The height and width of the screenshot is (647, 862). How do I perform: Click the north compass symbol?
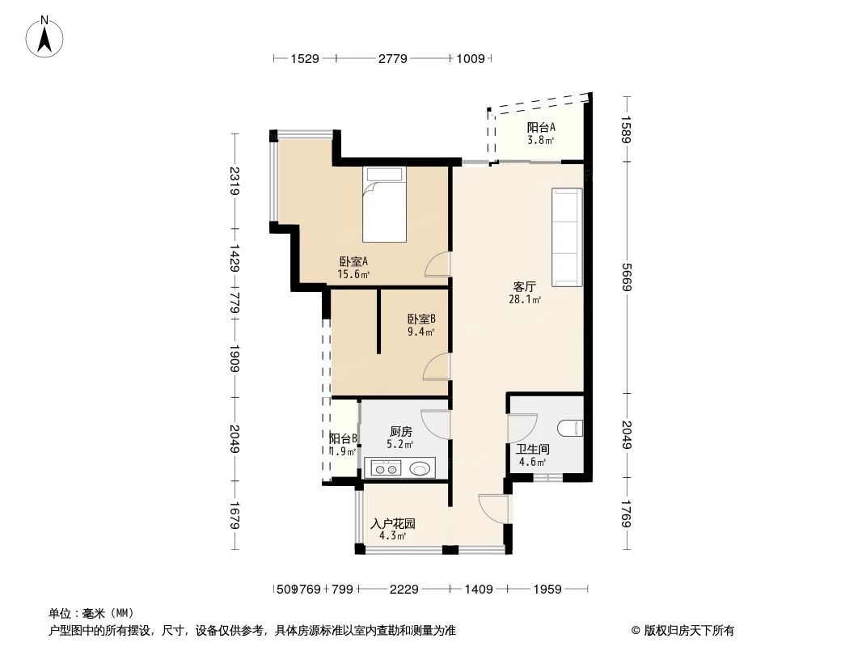pos(46,37)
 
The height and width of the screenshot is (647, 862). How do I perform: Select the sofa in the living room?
pos(567,237)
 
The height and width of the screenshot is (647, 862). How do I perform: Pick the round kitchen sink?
pos(420,467)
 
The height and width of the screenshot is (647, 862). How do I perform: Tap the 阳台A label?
pos(541,127)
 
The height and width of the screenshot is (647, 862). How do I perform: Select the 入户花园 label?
pos(392,523)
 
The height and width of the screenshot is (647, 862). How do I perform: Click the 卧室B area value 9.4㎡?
pos(420,332)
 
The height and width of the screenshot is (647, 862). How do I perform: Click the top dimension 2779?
pos(393,58)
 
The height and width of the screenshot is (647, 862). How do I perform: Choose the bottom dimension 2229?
pos(404,590)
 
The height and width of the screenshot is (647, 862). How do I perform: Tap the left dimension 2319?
pos(235,181)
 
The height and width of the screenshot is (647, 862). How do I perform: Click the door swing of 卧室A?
pos(437,264)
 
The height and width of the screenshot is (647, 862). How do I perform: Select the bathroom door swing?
pos(521,429)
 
